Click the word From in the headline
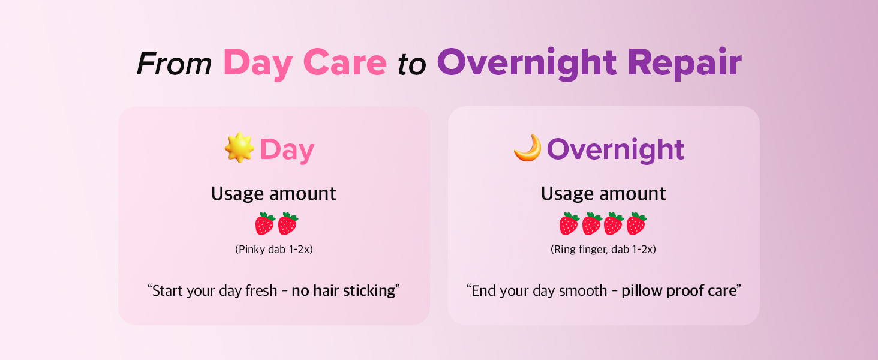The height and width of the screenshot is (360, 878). coord(174,64)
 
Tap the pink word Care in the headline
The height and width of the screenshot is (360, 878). coord(345,63)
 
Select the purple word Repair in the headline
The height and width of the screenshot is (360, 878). coord(684,64)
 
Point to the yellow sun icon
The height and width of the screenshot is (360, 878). coord(239,148)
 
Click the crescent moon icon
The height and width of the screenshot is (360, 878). coord(528,148)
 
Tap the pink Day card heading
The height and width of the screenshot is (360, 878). coord(287,150)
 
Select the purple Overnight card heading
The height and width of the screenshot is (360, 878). coord(615,150)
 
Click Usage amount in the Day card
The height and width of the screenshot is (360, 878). coord(273,194)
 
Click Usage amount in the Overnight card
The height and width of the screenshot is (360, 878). coord(603,194)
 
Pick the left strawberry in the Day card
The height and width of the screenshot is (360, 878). coord(264,224)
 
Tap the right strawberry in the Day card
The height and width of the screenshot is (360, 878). coord(288,224)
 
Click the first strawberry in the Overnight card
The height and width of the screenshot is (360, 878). coord(569,224)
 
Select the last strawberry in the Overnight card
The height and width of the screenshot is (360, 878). coord(636,224)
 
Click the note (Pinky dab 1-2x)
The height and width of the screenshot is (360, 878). coord(274,250)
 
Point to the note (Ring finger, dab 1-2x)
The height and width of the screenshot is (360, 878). coord(603,250)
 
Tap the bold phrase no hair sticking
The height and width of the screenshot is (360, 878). coord(344,290)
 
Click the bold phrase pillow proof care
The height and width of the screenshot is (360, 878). coord(679,290)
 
